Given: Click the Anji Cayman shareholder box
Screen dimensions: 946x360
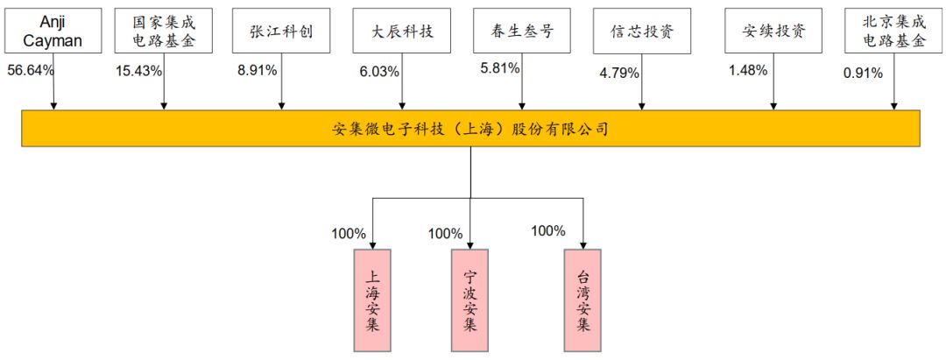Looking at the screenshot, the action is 53,32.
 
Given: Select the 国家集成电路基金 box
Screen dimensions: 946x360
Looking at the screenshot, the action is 164,32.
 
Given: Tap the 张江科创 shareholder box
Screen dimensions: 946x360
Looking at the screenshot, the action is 281,32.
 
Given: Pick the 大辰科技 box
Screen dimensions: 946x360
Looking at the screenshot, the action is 403,32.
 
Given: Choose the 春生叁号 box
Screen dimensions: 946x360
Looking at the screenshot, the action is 523,32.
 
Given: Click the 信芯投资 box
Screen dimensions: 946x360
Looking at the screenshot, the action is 643,32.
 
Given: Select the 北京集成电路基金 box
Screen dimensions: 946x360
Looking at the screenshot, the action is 893,32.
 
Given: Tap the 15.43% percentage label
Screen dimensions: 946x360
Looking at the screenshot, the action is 138,71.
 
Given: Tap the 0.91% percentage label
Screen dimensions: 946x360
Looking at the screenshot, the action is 863,74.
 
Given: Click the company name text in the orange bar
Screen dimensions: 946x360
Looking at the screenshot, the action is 470,129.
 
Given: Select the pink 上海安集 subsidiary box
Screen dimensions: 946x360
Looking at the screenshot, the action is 372,299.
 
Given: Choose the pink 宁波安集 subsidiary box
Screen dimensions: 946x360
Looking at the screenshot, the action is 469,299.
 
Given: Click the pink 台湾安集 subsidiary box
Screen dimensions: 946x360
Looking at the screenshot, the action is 583,299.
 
